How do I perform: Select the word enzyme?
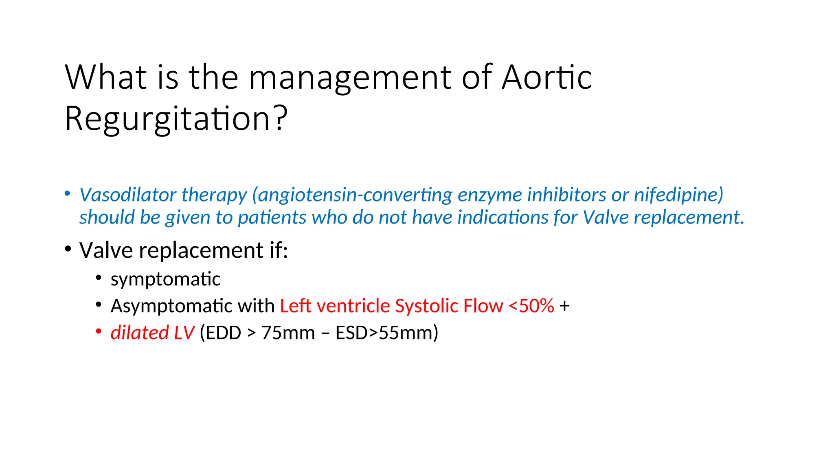(x=490, y=195)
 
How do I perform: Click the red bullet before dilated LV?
(x=99, y=332)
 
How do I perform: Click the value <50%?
(x=531, y=306)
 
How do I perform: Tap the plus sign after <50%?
(x=564, y=306)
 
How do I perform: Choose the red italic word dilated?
(x=140, y=333)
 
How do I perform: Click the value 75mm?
(x=288, y=333)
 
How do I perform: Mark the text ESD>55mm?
(x=386, y=333)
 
